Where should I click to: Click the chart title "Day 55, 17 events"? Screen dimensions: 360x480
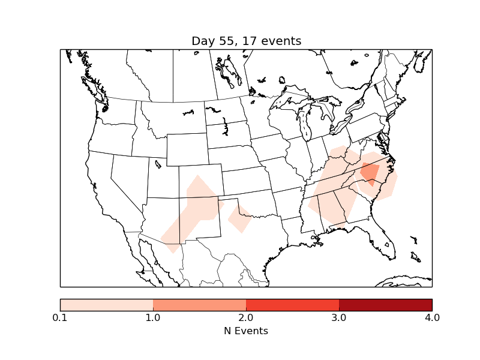(x=246, y=41)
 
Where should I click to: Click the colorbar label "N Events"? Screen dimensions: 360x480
(x=246, y=331)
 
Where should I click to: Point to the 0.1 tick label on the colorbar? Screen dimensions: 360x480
(x=60, y=317)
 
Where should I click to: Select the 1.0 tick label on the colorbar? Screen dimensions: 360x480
(x=153, y=317)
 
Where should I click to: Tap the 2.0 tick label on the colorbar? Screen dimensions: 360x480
(x=246, y=317)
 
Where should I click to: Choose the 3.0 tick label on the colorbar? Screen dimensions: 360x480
(x=339, y=317)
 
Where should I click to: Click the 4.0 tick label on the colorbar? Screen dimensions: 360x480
(x=431, y=317)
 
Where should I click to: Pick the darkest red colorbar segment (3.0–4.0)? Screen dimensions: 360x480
(x=385, y=305)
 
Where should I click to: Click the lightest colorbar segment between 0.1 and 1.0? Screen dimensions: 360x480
(x=106, y=305)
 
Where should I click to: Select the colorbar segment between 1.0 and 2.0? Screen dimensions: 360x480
(x=199, y=305)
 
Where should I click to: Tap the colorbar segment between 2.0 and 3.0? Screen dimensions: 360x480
(x=292, y=305)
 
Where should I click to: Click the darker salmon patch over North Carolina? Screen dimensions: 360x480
(x=370, y=173)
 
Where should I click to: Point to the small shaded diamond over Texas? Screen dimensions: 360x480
(x=239, y=218)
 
